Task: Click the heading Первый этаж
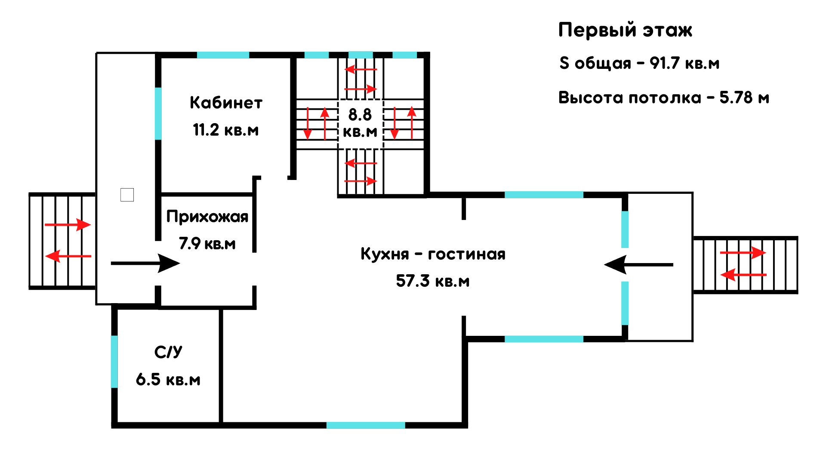625,30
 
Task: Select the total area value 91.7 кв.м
684,63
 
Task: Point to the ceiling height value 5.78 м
744,98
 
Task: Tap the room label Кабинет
226,103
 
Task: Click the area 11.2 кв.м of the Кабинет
226,130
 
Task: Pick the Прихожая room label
207,217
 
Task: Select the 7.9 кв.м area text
207,244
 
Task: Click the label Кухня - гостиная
433,254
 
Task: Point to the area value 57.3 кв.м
433,281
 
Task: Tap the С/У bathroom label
168,352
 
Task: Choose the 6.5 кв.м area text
168,380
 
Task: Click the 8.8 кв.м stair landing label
360,123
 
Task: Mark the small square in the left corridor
127,195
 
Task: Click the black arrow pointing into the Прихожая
145,263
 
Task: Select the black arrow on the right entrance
638,264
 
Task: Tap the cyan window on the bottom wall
366,425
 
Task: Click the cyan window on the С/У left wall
114,362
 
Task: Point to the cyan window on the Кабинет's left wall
158,114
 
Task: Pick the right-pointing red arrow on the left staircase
68,225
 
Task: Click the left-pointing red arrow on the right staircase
743,274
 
